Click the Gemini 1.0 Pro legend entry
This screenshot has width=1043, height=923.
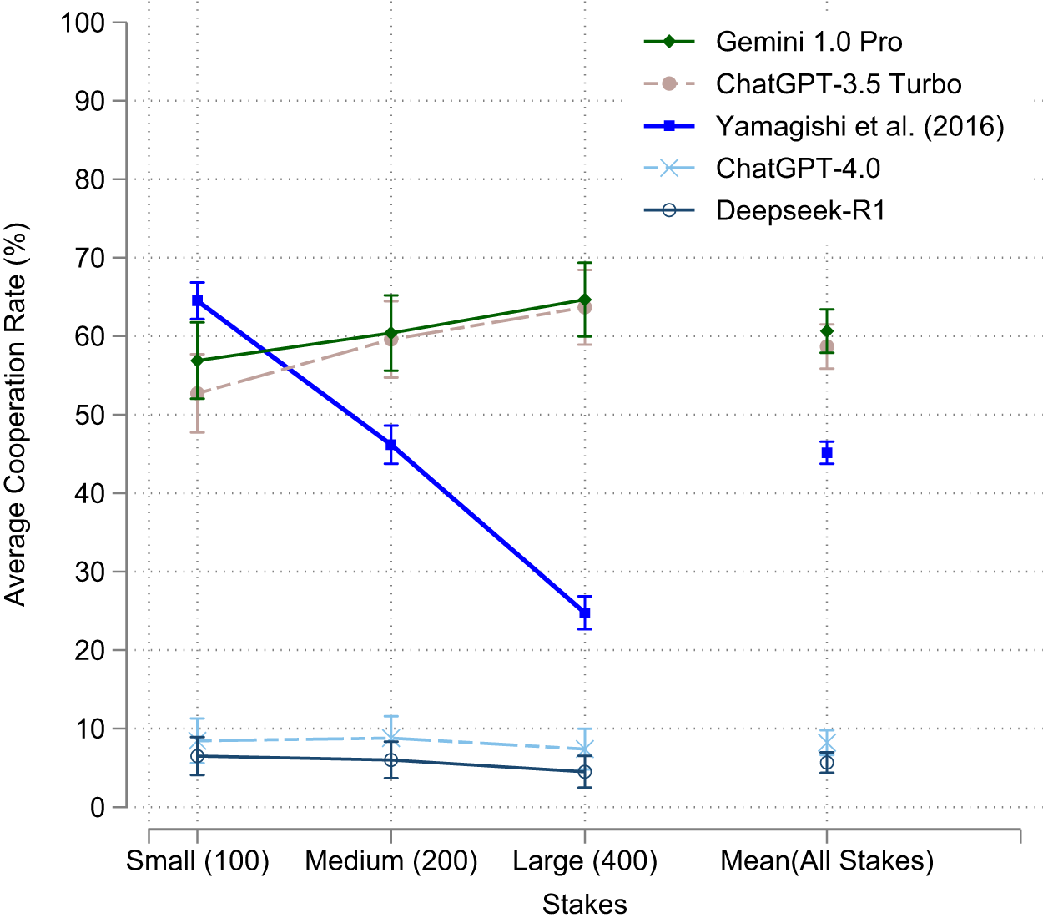tap(809, 42)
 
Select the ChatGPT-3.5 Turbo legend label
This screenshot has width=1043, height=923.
tap(838, 84)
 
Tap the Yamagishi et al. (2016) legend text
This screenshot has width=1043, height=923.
tap(859, 126)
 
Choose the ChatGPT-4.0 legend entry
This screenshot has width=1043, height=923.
tap(798, 169)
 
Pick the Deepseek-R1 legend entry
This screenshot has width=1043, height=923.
tap(800, 210)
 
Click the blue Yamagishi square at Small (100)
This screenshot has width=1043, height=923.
tap(198, 300)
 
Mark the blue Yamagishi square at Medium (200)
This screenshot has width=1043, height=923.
tap(390, 445)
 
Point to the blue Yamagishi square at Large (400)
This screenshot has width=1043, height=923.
tap(585, 613)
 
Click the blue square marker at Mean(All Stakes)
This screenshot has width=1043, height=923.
tap(827, 453)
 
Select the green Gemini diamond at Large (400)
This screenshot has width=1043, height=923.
tap(585, 300)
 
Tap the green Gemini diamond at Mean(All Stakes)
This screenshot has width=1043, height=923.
tap(827, 331)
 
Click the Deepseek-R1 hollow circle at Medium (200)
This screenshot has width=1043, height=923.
tap(390, 760)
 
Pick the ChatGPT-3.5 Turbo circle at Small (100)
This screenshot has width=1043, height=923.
tap(198, 393)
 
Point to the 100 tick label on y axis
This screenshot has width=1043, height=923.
tap(82, 23)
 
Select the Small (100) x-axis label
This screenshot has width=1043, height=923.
tap(198, 860)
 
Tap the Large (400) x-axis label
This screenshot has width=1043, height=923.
tap(585, 860)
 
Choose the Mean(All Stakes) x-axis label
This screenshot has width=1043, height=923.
tap(827, 860)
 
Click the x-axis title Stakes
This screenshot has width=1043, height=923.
tap(584, 904)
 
